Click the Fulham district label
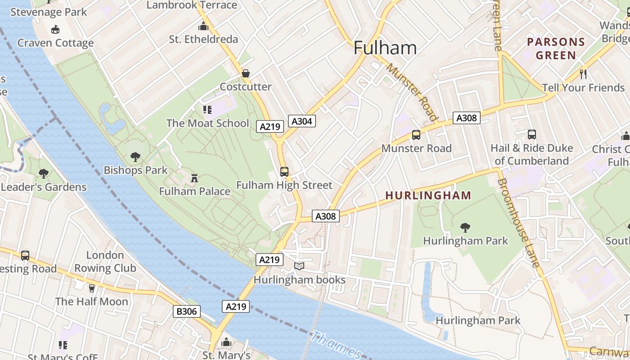point(385,48)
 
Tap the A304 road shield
point(302,121)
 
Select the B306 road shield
point(186,311)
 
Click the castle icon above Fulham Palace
point(194,178)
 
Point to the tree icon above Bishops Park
point(135,157)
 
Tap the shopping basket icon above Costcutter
point(246,73)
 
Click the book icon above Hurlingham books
point(299,266)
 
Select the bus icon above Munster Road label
point(416,135)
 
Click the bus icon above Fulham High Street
point(284,171)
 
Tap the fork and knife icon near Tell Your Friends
point(584,74)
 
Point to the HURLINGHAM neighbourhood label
point(428,195)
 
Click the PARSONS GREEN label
point(556,49)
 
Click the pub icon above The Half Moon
point(92,288)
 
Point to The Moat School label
point(207,123)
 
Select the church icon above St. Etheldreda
point(203,26)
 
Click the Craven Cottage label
point(56,43)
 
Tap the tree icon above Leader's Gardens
point(44,173)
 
